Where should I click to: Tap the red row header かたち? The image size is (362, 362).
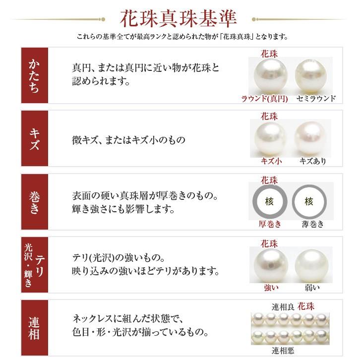[x=35, y=75]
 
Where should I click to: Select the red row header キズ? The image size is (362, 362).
[x=35, y=140]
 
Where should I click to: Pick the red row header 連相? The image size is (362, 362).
[x=35, y=328]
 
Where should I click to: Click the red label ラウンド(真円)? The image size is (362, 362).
[x=265, y=98]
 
